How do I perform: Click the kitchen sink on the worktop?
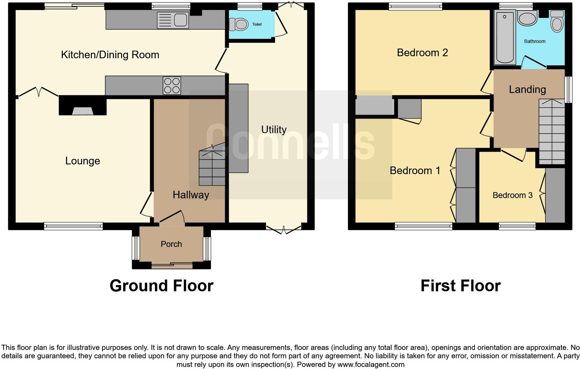173,20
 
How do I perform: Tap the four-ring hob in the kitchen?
172,85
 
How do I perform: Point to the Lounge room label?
83,161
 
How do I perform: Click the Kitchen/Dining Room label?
110,55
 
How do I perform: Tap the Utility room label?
274,130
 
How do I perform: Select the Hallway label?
191,195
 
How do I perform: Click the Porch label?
171,244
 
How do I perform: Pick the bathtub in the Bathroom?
504,37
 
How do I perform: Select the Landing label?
527,89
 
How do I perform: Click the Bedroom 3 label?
512,195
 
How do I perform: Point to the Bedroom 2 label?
422,53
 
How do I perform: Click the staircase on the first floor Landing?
552,132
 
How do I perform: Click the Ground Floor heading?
161,286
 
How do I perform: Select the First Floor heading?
460,286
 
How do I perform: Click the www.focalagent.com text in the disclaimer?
370,364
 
